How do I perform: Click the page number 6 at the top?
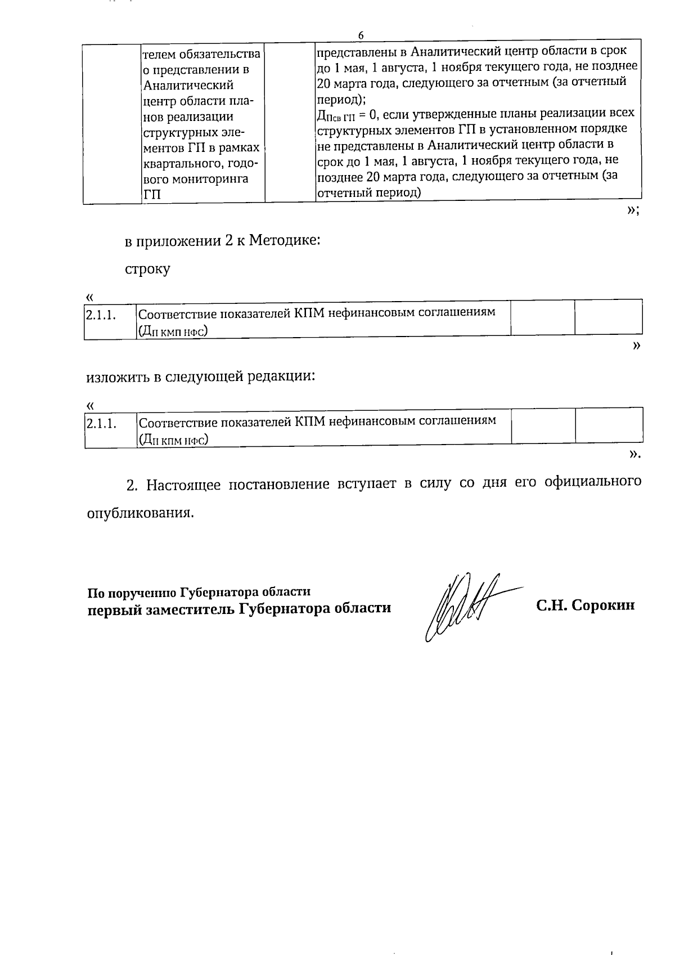click(x=361, y=35)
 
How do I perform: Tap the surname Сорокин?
click(x=603, y=606)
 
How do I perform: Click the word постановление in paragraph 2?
click(x=279, y=484)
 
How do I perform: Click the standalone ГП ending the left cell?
click(x=152, y=195)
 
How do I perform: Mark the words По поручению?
click(x=132, y=593)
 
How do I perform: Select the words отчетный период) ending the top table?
click(x=369, y=192)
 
